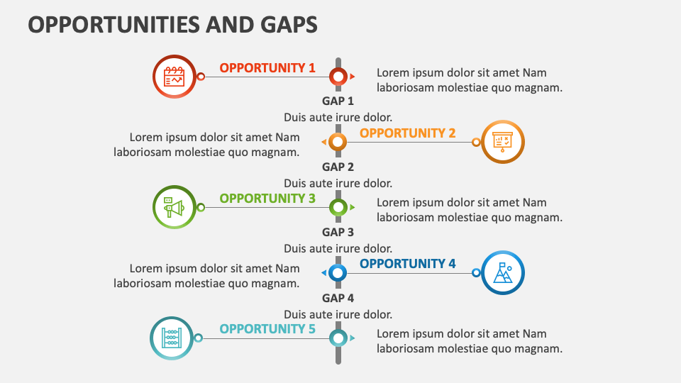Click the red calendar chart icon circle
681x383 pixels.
click(175, 76)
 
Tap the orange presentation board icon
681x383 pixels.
click(503, 142)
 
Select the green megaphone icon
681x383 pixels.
click(175, 207)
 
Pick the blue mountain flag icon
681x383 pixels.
click(503, 272)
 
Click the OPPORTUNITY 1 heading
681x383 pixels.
click(267, 68)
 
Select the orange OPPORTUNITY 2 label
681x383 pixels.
click(408, 133)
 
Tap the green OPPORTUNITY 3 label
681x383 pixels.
click(267, 199)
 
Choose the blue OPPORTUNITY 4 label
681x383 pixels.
click(408, 264)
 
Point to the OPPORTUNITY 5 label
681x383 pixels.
click(267, 329)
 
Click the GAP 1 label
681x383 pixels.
click(338, 101)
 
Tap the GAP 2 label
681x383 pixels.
click(338, 167)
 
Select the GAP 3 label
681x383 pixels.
click(338, 232)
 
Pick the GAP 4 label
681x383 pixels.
click(338, 298)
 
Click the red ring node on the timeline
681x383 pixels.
click(338, 76)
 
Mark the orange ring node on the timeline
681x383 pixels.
click(338, 142)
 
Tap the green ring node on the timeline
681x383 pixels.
click(338, 207)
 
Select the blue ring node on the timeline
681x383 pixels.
click(338, 272)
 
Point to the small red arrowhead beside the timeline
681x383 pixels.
click(353, 76)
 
